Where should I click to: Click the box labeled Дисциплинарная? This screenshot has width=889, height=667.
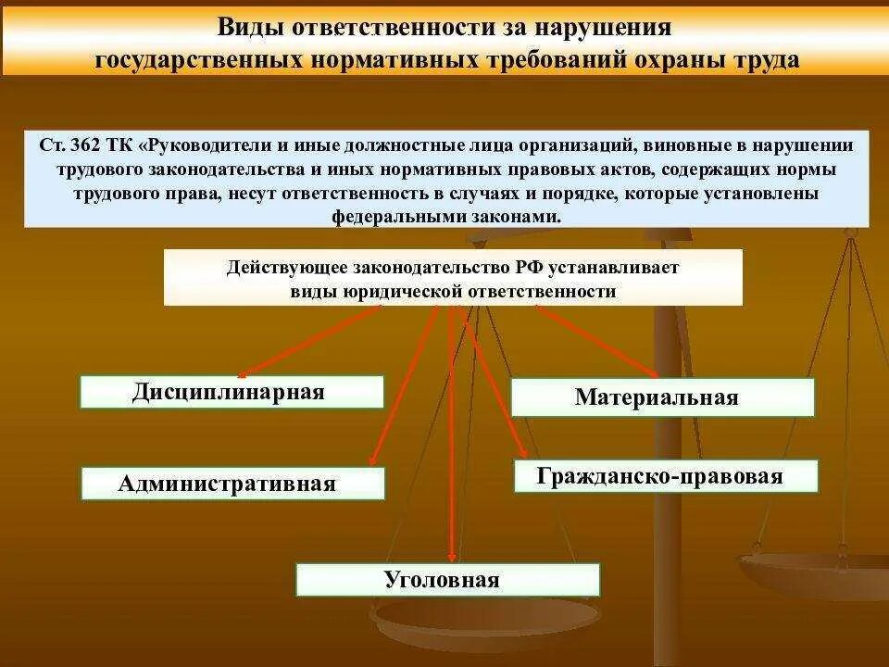coord(232,392)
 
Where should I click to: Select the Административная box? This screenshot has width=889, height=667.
coord(232,484)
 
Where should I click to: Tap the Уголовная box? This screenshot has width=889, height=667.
coord(447,580)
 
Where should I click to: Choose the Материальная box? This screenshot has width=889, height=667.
coord(662,397)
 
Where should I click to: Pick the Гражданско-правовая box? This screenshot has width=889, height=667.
coord(666,476)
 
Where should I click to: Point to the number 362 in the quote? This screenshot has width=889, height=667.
coord(85,145)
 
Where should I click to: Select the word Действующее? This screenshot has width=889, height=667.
coord(285,267)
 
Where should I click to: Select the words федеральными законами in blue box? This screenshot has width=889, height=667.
coord(445,217)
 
